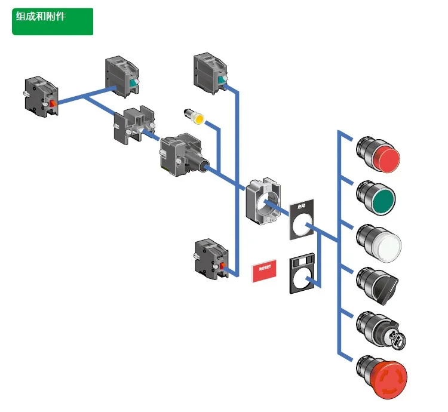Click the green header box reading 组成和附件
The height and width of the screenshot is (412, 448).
coord(53,21)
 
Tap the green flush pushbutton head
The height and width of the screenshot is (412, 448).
coord(378,198)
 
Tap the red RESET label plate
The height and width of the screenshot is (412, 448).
coord(265,270)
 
